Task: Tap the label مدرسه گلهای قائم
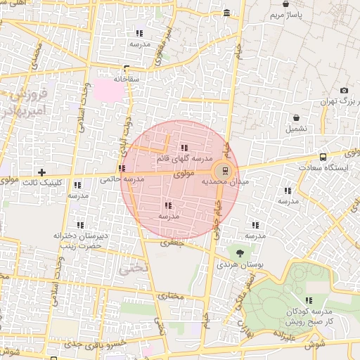tap(184, 158)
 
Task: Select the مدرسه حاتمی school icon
tap(123, 168)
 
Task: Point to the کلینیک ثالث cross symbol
tap(42, 172)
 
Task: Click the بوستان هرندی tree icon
tap(241, 253)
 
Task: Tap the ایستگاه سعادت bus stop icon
tap(323, 157)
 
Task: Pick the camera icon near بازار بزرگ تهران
tap(344, 91)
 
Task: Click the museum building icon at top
tap(226, 13)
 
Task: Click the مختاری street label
tap(170, 295)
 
